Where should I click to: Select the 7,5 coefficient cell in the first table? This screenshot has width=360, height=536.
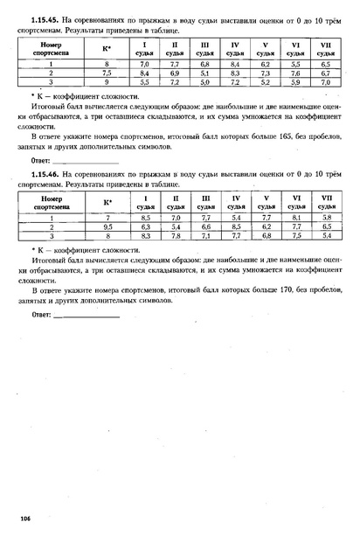tap(107, 73)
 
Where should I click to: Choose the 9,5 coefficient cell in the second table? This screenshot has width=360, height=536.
tap(107, 226)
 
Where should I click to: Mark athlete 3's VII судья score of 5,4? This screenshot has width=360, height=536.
tap(326, 235)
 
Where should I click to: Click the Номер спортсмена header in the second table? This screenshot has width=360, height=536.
tap(52, 203)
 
